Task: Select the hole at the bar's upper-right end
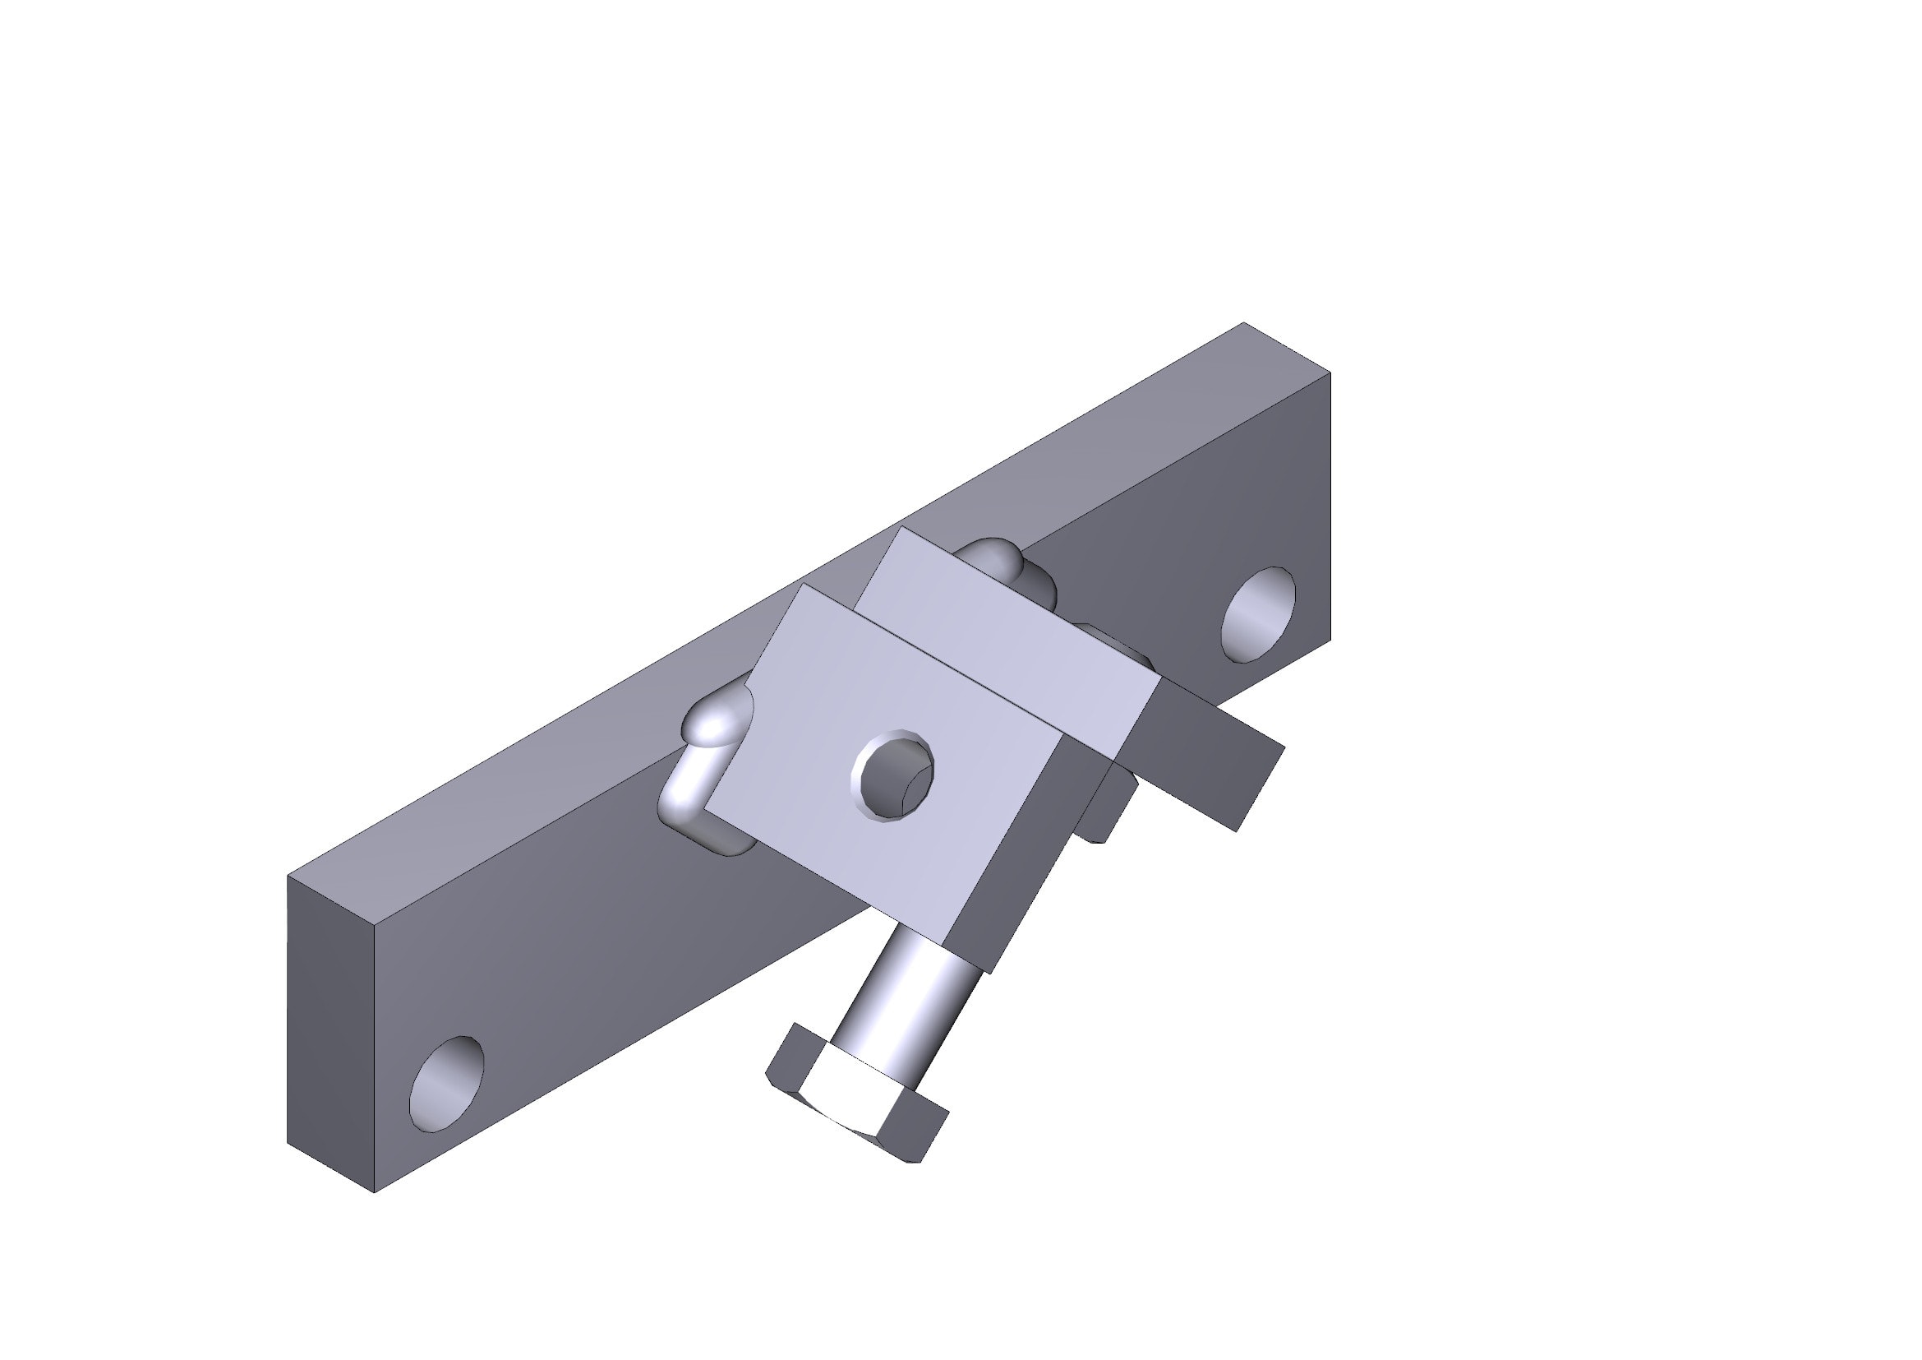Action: tap(1258, 614)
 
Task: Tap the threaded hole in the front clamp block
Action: tap(893, 775)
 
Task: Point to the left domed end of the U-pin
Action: tap(717, 723)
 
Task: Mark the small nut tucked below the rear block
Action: tap(1105, 808)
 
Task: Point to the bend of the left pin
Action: tap(682, 804)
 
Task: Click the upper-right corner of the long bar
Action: tap(1330, 372)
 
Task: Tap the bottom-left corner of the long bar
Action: tap(374, 1191)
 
